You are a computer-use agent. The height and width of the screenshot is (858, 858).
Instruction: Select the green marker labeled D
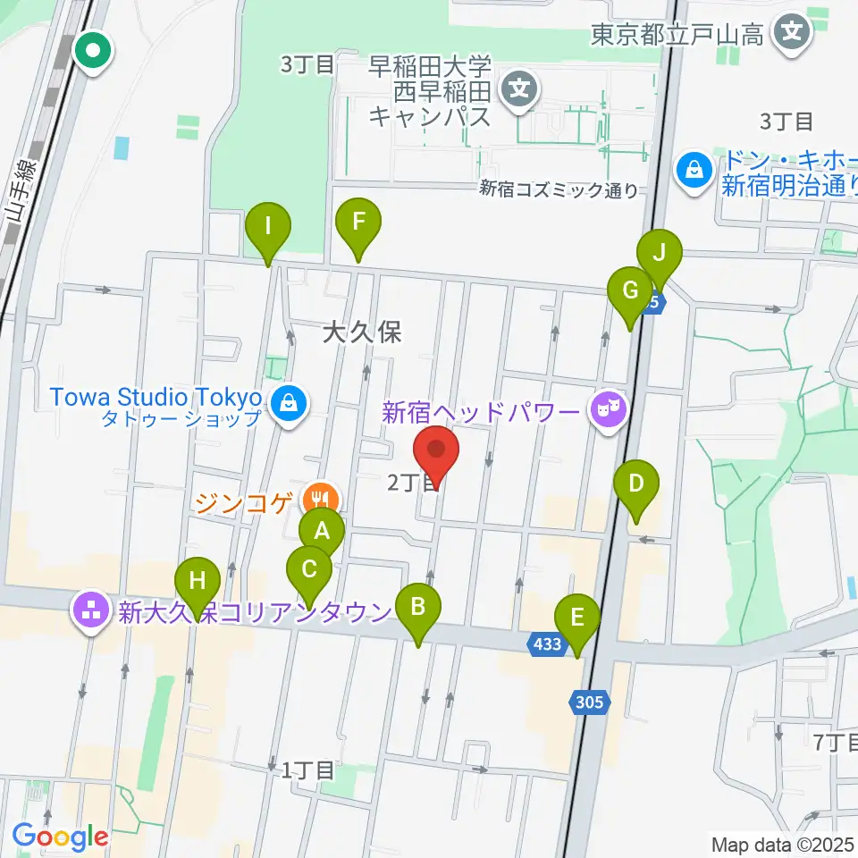(636, 485)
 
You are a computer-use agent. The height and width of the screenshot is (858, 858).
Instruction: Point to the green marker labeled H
(197, 583)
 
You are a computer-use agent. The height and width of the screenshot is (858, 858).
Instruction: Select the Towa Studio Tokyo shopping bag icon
(290, 404)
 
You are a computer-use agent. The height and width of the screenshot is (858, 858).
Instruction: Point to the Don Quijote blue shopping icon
(694, 167)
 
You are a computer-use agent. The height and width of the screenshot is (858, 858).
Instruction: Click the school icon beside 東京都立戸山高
(792, 35)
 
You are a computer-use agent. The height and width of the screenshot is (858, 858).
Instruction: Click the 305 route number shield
(589, 702)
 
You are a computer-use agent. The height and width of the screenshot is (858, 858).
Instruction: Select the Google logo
(60, 837)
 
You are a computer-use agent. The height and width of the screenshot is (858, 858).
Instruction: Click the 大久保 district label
(361, 333)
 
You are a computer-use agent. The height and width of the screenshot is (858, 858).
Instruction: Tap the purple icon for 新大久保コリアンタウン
(91, 611)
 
